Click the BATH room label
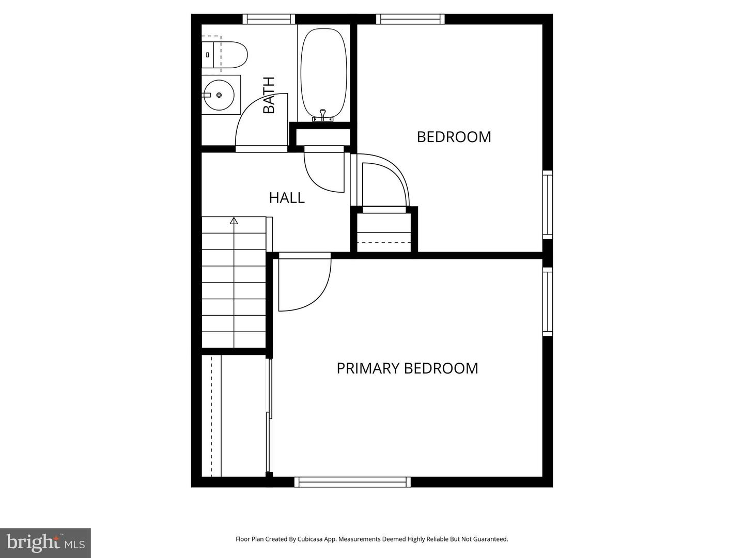[269, 95]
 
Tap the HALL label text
[287, 197]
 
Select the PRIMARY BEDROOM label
[407, 368]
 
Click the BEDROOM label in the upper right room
[454, 136]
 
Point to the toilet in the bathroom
[227, 55]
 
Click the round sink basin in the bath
[219, 95]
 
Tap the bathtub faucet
[323, 115]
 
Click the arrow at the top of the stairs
[234, 221]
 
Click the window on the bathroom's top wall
[269, 19]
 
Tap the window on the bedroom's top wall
[410, 19]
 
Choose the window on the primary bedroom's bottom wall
[353, 482]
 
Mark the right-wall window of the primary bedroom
[547, 302]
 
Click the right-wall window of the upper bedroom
[547, 205]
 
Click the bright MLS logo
[45, 542]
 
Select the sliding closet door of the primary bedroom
[269, 416]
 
